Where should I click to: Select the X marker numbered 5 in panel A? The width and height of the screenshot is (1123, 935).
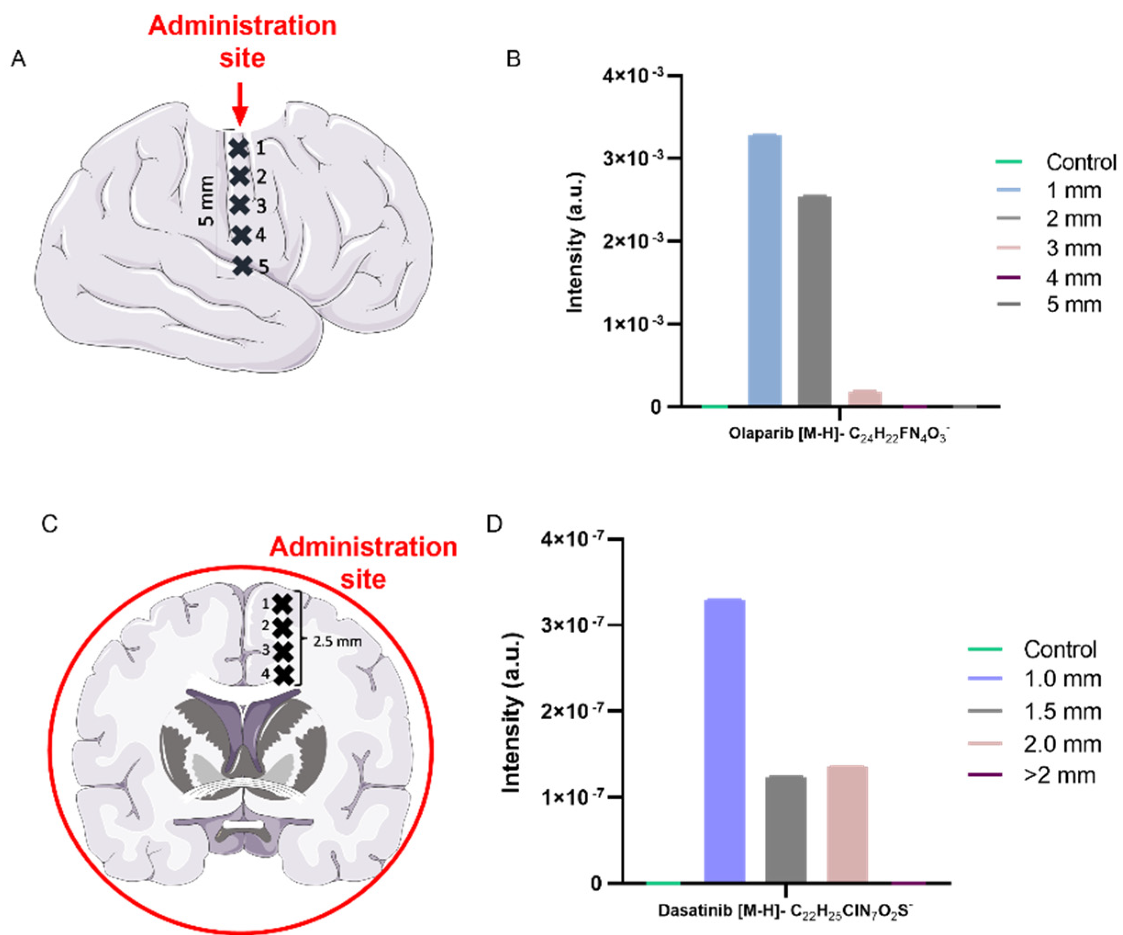pos(243,266)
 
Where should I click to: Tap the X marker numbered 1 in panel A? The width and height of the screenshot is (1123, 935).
pos(239,148)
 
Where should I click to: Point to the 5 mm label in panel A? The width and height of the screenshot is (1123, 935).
pos(207,201)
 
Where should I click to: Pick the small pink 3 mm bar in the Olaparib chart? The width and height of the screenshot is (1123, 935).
pos(864,398)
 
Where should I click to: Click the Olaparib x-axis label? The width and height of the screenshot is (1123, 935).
pos(839,433)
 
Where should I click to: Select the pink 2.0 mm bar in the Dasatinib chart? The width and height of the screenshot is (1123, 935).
pos(846,825)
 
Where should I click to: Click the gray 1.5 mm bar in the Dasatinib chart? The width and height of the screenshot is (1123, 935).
pos(785,829)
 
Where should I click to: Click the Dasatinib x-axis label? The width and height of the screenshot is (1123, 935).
pos(785,910)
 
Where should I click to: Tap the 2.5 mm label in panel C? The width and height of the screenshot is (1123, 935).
pos(337,641)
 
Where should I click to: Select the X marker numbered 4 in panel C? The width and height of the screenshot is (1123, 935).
pos(284,675)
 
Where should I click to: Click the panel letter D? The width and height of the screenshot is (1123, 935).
pos(494,524)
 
